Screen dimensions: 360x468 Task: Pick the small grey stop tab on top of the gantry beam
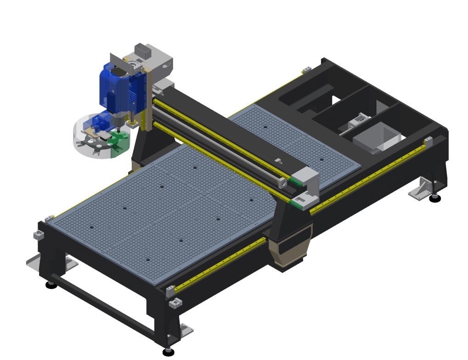pyautogui.click(x=277, y=161)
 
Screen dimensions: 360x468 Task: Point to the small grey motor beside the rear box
pyautogui.click(x=358, y=122)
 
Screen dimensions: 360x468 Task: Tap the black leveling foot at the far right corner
pyautogui.click(x=434, y=198)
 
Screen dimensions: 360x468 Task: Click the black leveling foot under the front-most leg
pyautogui.click(x=169, y=351)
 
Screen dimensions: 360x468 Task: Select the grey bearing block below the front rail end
pyautogui.click(x=175, y=304)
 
